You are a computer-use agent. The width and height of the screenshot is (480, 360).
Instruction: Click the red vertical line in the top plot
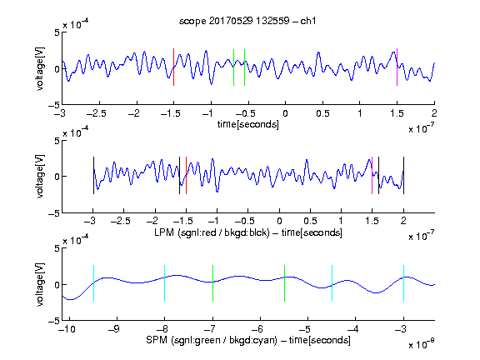pos(173,67)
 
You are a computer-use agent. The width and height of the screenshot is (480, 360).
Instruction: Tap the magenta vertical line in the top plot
pos(397,67)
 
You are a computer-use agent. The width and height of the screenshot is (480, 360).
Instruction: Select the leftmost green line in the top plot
pos(233,67)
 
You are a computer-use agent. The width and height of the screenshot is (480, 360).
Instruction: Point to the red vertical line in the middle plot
pos(186,175)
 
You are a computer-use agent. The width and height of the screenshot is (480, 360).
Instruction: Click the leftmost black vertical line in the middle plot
pos(93,175)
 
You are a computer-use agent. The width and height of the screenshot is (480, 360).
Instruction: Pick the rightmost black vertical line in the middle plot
pos(403,175)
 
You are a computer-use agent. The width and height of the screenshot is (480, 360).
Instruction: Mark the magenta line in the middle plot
pos(372,175)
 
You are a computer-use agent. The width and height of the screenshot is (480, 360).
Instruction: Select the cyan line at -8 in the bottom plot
pos(165,283)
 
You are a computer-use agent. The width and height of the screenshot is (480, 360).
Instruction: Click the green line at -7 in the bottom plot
pos(212,283)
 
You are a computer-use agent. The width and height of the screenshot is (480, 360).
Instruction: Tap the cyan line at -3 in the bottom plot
pos(403,283)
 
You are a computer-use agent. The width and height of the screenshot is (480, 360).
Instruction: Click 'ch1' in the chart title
pos(307,21)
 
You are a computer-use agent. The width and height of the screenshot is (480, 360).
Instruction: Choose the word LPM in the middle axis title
pos(164,232)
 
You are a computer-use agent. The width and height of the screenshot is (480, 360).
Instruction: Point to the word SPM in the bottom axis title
pos(157,340)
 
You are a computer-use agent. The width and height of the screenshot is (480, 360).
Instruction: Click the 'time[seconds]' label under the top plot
pos(248,124)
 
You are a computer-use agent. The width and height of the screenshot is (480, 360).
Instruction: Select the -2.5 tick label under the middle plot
pos(120,221)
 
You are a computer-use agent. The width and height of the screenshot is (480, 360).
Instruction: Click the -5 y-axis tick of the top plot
pos(54,105)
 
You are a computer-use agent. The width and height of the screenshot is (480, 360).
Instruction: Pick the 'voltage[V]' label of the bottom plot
pos(40,284)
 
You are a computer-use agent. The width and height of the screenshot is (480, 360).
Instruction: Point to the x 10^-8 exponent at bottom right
pos(422,344)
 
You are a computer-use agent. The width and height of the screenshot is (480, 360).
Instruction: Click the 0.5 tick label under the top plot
pos(322,113)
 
